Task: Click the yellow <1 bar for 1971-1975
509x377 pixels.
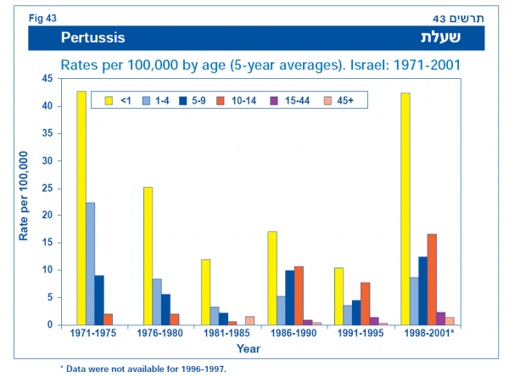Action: (81, 208)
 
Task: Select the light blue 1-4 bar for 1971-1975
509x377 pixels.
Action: (91, 263)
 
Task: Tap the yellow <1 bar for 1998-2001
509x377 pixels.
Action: (406, 209)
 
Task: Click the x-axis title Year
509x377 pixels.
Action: (249, 348)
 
